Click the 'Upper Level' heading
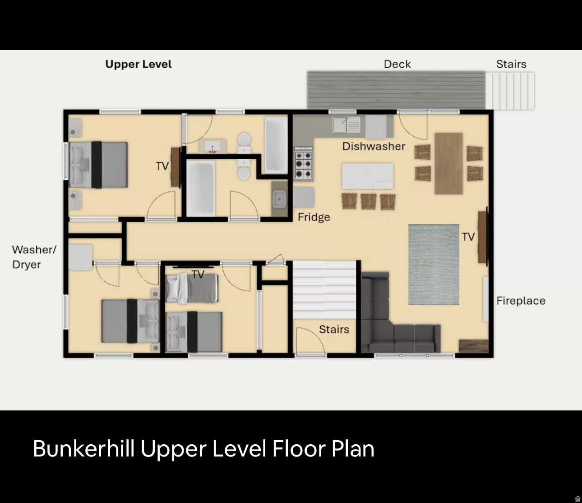point(139,64)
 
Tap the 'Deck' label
point(397,64)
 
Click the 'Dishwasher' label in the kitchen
point(374,146)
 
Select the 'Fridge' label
point(314,217)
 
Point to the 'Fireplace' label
point(521,301)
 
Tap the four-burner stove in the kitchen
point(303,163)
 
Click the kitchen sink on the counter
point(346,124)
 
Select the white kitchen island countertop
point(368,176)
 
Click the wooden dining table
point(448,163)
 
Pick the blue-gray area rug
point(434,264)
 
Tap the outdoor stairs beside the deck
point(510,90)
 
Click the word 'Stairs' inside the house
point(334,329)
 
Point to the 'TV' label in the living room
point(468,237)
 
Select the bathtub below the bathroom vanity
point(200,188)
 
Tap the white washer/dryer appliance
point(81,257)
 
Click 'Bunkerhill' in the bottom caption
point(83,449)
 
